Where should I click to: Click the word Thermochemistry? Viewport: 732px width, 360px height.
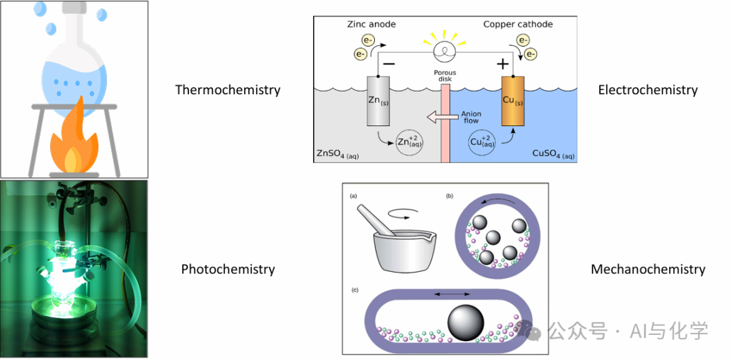(x=228, y=89)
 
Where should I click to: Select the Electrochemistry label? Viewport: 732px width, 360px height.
(x=648, y=89)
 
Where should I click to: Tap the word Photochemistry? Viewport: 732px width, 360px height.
(x=228, y=269)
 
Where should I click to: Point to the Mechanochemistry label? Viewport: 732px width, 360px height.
(x=648, y=269)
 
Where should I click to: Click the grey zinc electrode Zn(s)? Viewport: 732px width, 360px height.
(x=378, y=101)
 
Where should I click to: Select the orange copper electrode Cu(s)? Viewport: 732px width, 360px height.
(x=512, y=101)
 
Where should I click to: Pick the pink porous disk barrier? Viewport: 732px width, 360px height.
(x=445, y=124)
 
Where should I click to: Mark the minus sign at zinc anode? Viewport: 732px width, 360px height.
(x=390, y=64)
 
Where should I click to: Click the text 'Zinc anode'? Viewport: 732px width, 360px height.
(x=371, y=24)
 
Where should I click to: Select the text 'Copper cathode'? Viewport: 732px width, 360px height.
(x=518, y=24)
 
